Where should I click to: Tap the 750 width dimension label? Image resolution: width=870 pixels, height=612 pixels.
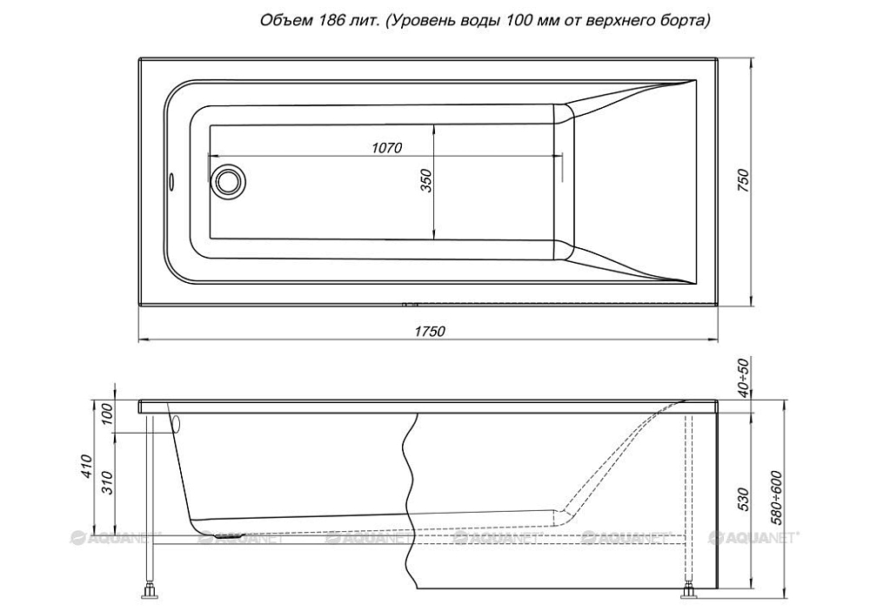coord(742,181)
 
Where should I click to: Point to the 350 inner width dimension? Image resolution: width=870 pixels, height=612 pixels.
coord(426,179)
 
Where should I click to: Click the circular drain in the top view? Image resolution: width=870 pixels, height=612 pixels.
coord(230,181)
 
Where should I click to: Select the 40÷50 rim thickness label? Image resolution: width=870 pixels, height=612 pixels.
coord(742,377)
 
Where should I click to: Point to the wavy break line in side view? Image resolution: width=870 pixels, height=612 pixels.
coord(407,470)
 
